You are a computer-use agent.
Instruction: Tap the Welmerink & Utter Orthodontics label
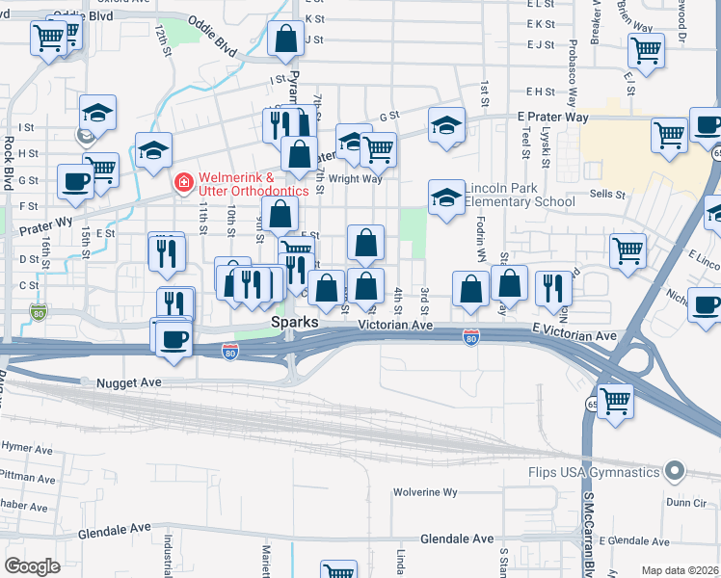click(254, 184)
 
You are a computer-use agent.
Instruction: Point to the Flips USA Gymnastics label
click(594, 472)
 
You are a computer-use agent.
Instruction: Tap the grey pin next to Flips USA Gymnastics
click(675, 472)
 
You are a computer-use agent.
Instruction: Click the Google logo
click(32, 566)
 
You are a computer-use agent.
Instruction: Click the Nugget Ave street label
click(125, 382)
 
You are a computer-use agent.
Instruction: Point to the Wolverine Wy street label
click(424, 492)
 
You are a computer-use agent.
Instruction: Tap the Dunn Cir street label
click(685, 502)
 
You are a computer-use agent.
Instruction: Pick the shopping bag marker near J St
click(286, 39)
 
